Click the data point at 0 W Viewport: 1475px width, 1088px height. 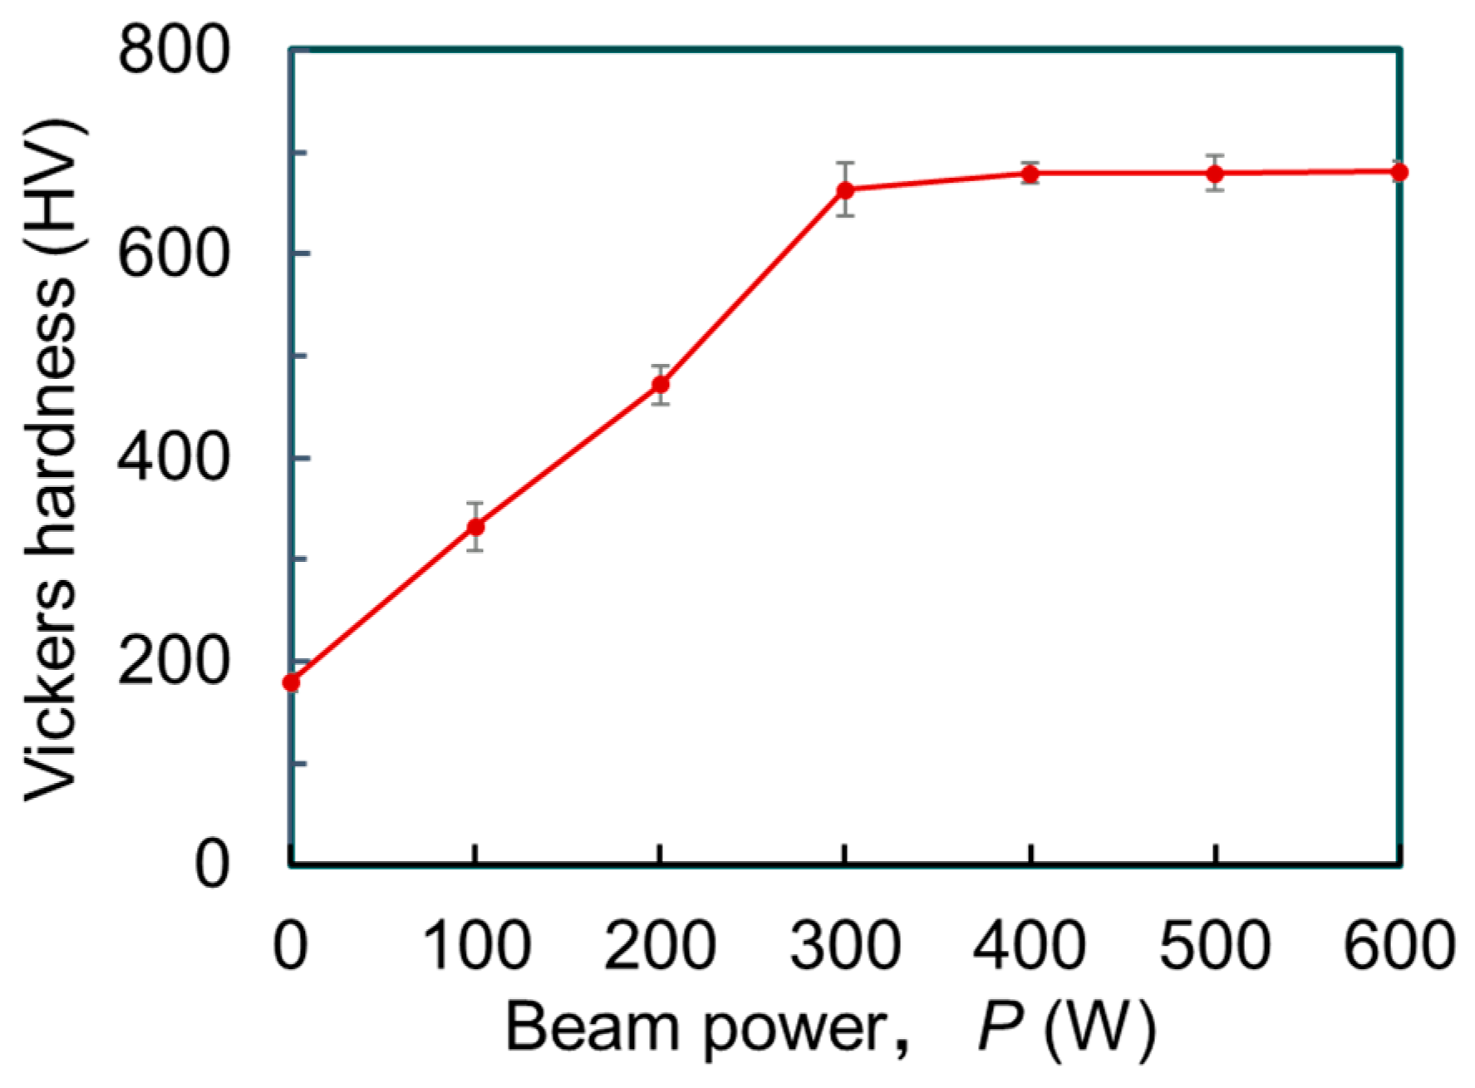pos(291,682)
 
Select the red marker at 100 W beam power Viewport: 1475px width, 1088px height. pos(475,527)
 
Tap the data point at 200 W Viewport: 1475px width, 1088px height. pos(661,384)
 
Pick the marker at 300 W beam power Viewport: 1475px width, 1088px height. pos(845,190)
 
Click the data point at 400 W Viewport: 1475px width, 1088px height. pos(1030,174)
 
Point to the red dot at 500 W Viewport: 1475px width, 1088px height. pos(1215,174)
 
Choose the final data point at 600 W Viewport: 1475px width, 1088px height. pos(1399,172)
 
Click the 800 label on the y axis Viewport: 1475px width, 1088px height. pos(172,50)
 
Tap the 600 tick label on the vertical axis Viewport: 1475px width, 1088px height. pos(172,254)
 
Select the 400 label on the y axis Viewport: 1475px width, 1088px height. pos(172,458)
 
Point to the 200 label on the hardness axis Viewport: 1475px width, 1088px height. pos(172,662)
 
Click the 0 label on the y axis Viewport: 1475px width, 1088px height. pos(211,864)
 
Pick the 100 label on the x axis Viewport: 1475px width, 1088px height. pos(475,945)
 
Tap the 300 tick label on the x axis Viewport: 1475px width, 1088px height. pos(845,945)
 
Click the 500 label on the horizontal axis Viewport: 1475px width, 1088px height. pos(1215,945)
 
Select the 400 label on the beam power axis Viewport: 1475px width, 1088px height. pos(1030,945)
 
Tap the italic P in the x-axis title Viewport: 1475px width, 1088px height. pos(1000,1028)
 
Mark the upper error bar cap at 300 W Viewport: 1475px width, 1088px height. pos(845,163)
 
